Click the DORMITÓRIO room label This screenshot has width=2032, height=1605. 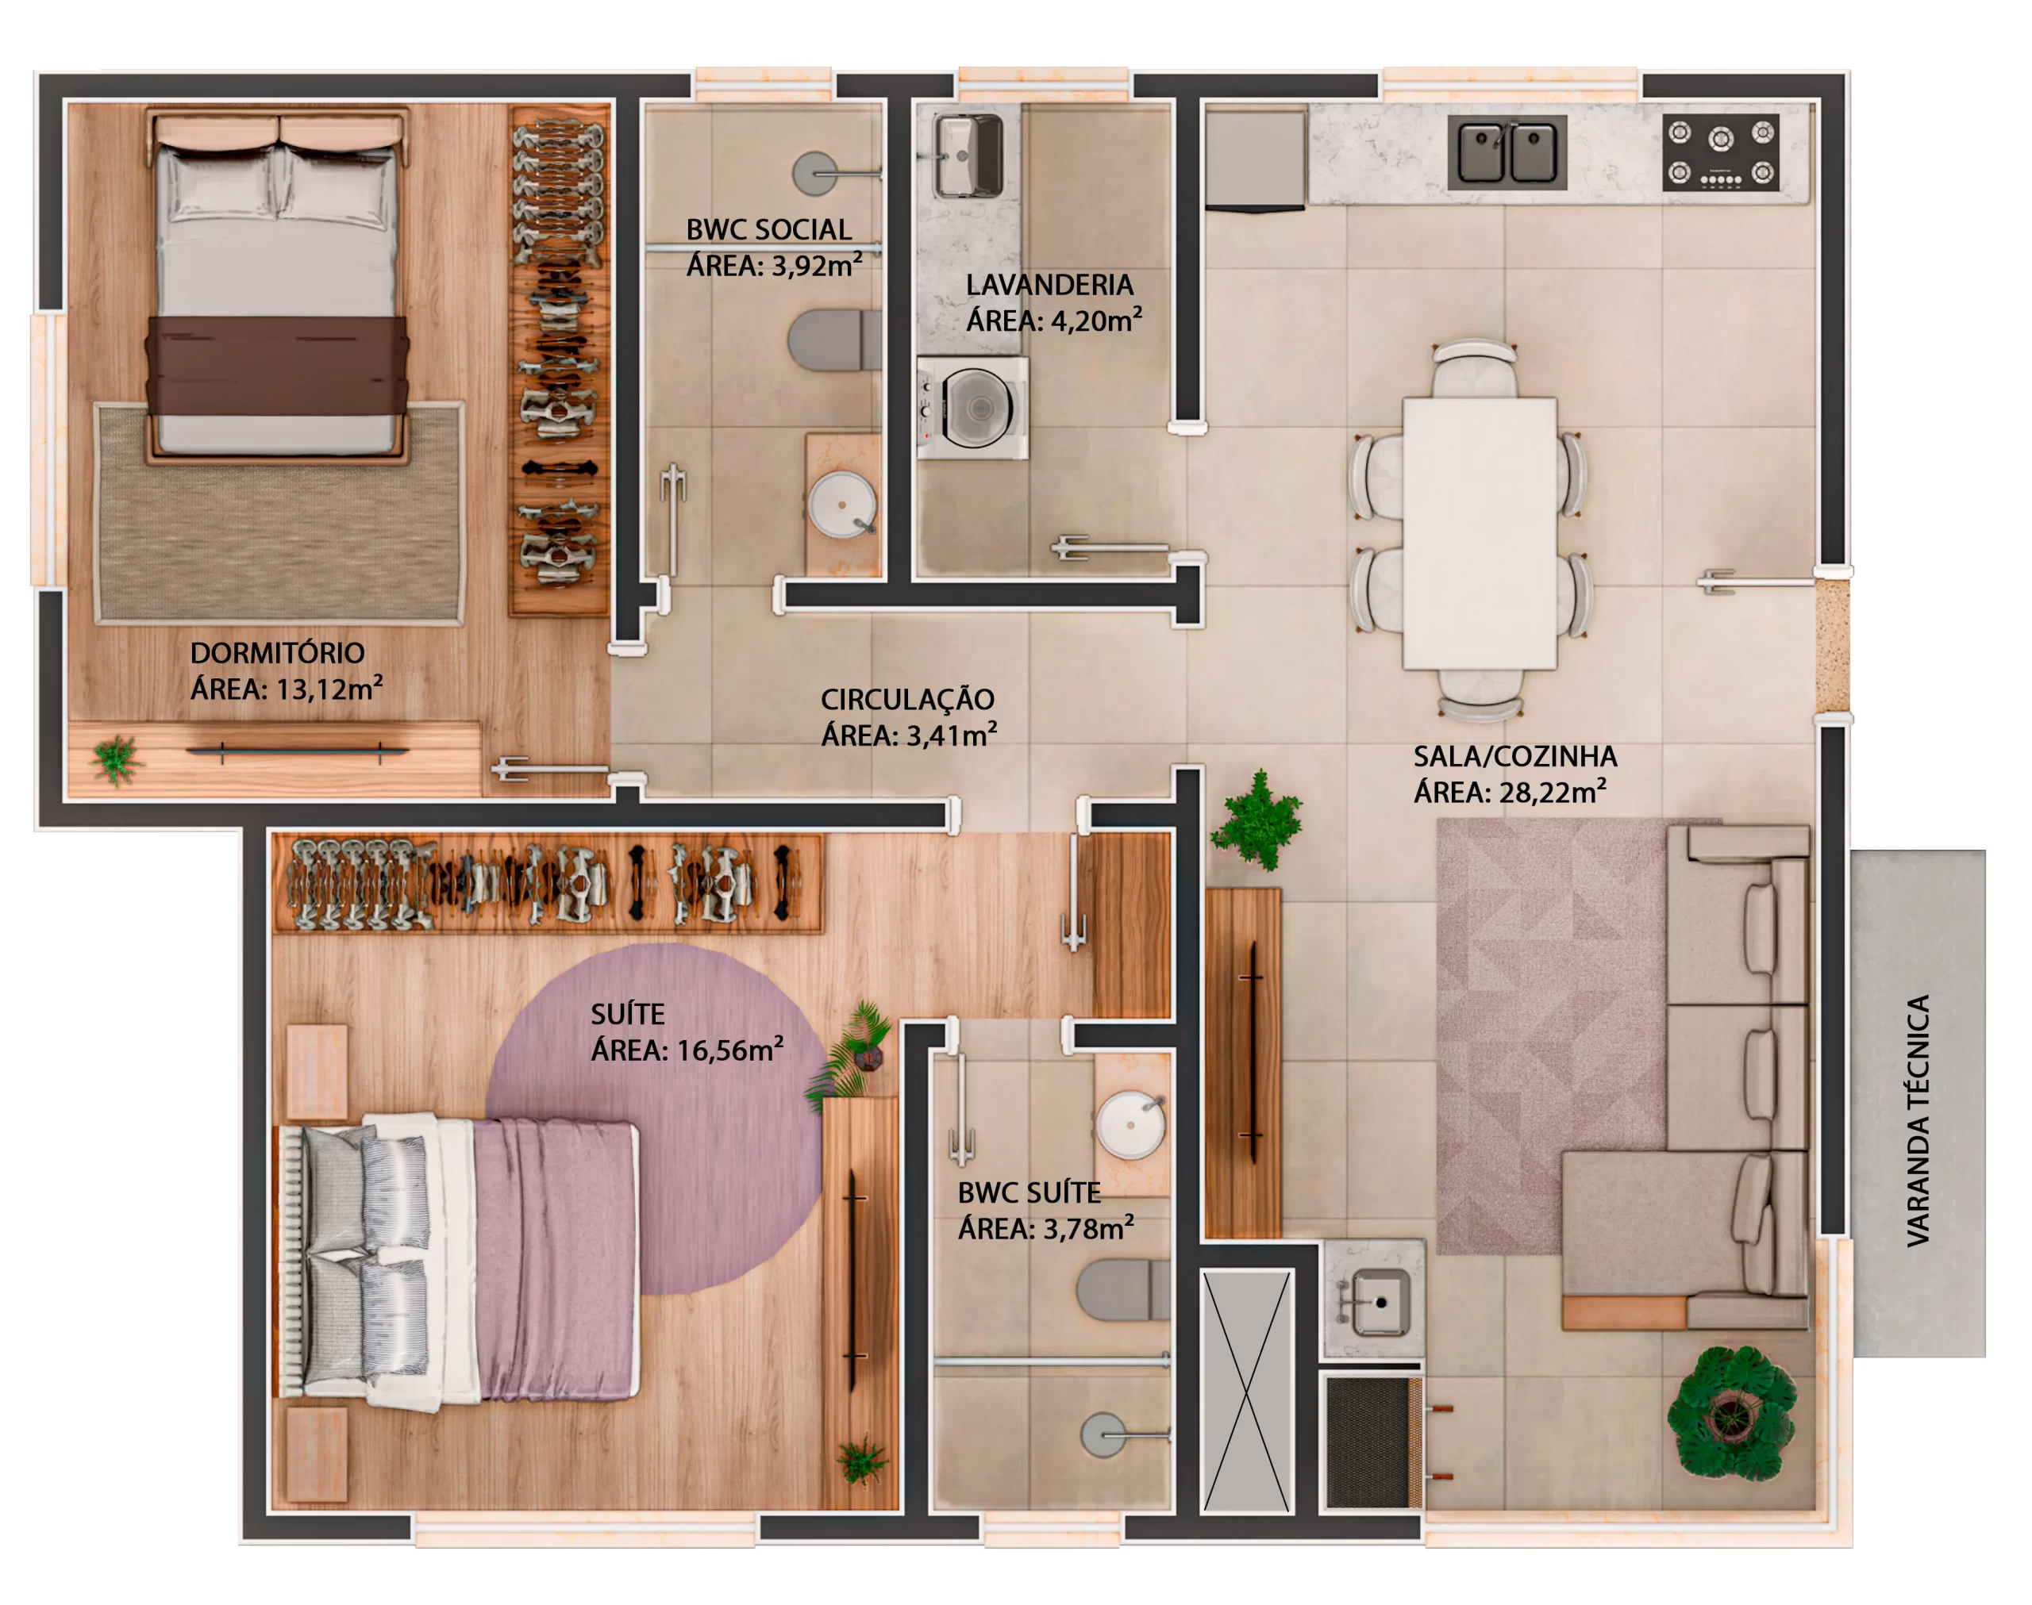pyautogui.click(x=277, y=653)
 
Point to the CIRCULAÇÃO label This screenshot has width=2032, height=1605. pyautogui.click(x=907, y=699)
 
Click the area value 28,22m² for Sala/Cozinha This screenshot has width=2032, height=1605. pyautogui.click(x=1552, y=791)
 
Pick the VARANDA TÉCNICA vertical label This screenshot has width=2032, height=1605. pyautogui.click(x=1918, y=1120)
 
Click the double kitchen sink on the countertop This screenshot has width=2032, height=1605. pyautogui.click(x=1507, y=152)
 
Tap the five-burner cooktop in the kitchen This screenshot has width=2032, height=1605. pyautogui.click(x=1720, y=152)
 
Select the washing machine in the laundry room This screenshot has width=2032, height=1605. pyautogui.click(x=973, y=408)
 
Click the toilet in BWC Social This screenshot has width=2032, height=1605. pyautogui.click(x=833, y=340)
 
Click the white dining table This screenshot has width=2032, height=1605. pyautogui.click(x=1479, y=533)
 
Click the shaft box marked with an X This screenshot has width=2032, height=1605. pyautogui.click(x=1247, y=1391)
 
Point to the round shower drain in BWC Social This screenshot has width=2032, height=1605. pyautogui.click(x=814, y=174)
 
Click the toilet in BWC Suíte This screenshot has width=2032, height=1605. pyautogui.click(x=1123, y=1290)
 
